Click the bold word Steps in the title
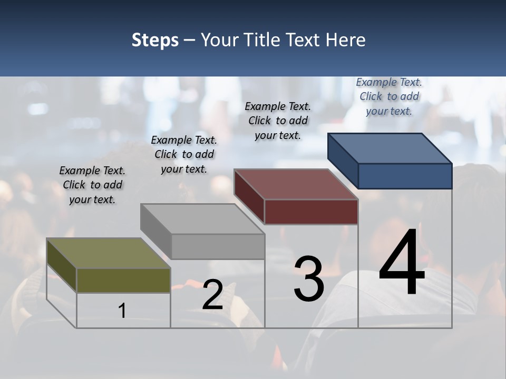pyautogui.click(x=155, y=40)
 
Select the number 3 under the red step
pyautogui.click(x=308, y=280)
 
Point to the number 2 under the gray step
pyautogui.click(x=212, y=295)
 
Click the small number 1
pyautogui.click(x=122, y=311)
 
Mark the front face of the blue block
pyautogui.click(x=405, y=176)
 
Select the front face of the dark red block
pyautogui.click(x=311, y=212)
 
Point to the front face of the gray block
pyautogui.click(x=218, y=246)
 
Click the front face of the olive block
pyautogui.click(x=123, y=280)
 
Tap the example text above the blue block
pyautogui.click(x=389, y=96)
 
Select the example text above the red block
pyautogui.click(x=278, y=121)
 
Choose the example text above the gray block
pyautogui.click(x=184, y=154)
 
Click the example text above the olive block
pyautogui.click(x=92, y=185)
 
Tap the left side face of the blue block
pyautogui.click(x=343, y=160)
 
